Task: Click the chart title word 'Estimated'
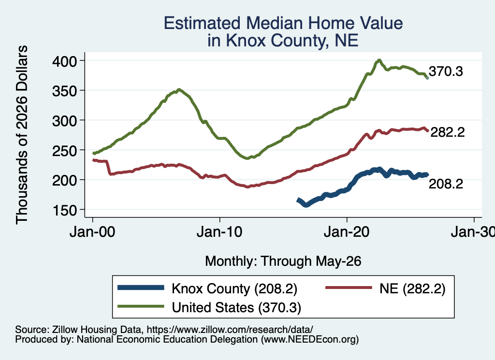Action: coord(202,23)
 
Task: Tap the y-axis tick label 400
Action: coord(64,61)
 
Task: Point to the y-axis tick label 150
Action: coord(64,210)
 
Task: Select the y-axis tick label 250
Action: coord(64,150)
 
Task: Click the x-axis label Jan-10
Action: coord(219,232)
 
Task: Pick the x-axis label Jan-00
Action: coord(92,232)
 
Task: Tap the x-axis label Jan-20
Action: coord(347,232)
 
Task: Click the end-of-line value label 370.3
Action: coord(446,72)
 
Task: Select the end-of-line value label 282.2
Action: coord(447,132)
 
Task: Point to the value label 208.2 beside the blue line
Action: coord(446,184)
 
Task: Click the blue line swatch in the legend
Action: coord(141,288)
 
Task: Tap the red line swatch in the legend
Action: coord(349,288)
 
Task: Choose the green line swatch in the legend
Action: coord(141,306)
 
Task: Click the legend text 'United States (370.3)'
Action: coord(236,307)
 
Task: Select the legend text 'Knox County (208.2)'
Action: coord(234,288)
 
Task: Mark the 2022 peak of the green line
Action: coord(379,60)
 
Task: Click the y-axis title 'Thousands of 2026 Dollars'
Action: coord(22,135)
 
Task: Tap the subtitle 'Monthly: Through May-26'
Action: coord(283,261)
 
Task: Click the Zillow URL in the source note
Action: coord(230,330)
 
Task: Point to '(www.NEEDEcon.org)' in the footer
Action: coord(310,340)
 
